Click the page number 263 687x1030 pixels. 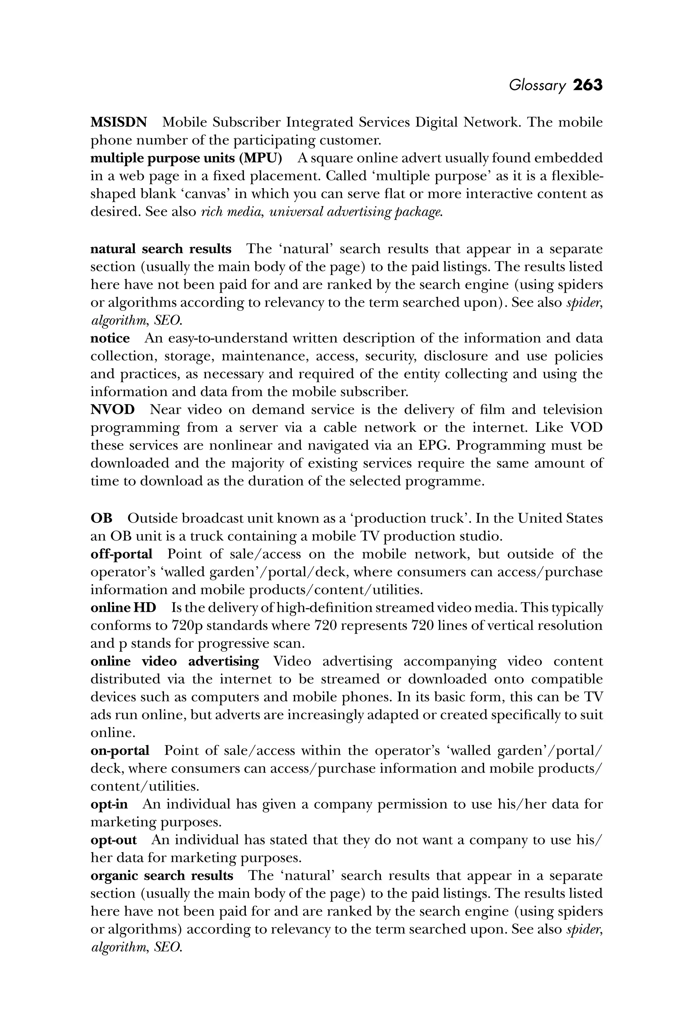tap(588, 85)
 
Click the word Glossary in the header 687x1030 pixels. tap(537, 86)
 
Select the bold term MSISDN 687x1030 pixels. tap(119, 122)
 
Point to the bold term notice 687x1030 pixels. tap(110, 338)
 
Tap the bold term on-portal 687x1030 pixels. tap(120, 751)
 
